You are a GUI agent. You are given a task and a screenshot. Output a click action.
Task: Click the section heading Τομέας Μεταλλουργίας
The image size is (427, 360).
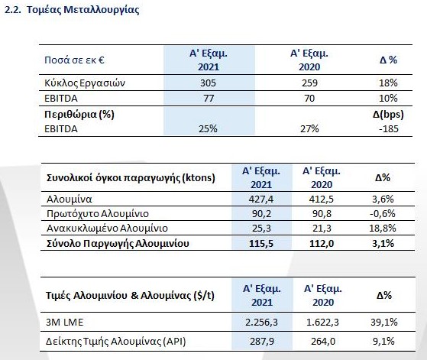[83, 9]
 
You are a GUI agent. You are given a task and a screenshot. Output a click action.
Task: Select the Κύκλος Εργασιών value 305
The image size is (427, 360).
[208, 83]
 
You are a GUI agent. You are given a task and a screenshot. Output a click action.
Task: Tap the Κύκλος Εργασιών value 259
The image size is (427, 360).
[309, 83]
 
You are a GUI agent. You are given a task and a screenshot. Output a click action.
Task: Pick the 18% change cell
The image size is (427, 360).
[388, 83]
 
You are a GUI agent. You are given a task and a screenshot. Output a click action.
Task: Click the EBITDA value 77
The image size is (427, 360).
[209, 98]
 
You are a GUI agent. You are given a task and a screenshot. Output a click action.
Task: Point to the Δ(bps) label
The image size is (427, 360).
[388, 114]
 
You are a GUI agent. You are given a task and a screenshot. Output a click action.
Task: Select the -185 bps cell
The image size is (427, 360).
[389, 128]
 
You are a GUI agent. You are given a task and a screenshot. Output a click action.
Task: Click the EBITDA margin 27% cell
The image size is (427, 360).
[309, 128]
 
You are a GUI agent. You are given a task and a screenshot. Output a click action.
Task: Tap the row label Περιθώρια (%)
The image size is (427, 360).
[79, 114]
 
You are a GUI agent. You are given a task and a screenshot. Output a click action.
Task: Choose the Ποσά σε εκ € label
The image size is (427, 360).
[74, 60]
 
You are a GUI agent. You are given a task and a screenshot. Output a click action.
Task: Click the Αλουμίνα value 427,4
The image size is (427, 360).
[261, 199]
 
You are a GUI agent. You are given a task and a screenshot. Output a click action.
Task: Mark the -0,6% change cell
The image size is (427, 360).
[383, 213]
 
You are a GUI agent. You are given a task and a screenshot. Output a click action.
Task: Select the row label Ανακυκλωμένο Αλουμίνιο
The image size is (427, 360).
[107, 228]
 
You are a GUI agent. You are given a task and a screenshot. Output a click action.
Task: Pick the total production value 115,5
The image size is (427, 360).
[261, 243]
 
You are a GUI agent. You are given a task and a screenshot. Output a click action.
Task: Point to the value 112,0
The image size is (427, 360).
[322, 243]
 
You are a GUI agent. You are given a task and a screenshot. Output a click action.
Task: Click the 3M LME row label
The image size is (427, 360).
[64, 323]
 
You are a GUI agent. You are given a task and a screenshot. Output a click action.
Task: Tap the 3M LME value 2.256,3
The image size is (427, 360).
[261, 323]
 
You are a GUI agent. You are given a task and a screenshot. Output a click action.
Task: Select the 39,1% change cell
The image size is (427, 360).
[384, 323]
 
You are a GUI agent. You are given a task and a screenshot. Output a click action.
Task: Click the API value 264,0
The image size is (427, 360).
[323, 341]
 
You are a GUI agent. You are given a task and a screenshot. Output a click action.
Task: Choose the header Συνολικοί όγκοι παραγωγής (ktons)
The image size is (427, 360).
[131, 178]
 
